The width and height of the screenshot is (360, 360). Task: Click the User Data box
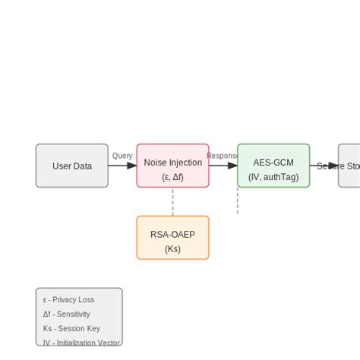pos(72,166)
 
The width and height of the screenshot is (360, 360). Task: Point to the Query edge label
pos(122,156)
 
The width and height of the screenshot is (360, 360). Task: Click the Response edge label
pos(223,156)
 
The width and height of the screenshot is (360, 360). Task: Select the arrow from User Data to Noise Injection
pos(122,166)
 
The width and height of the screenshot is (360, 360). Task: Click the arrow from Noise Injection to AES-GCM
pos(223,166)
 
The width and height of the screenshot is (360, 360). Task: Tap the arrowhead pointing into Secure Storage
pos(333,166)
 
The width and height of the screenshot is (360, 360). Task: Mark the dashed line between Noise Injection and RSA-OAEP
pos(172,202)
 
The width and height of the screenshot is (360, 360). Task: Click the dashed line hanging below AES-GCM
pos(238,201)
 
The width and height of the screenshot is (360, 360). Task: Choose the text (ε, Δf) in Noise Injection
pos(172,178)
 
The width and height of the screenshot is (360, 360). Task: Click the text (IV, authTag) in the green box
pos(273,178)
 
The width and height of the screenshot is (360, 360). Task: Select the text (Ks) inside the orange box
pos(172,248)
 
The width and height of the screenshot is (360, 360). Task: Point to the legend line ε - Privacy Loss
pos(69,300)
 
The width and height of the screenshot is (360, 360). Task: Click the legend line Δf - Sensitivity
pos(67,314)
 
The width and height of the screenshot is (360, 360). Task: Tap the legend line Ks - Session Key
pos(71,329)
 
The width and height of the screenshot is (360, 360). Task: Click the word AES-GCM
pos(273,163)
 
